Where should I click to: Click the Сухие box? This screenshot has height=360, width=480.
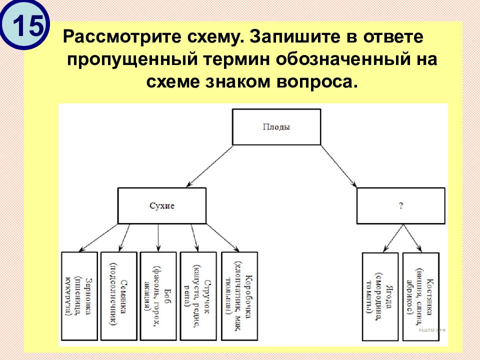pos(162,205)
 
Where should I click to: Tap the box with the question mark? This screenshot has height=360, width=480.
pos(400,205)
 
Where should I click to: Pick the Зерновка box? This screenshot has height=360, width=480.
pos(79,295)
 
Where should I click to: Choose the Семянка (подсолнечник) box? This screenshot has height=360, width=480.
pos(118,295)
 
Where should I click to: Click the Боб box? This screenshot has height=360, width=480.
pos(158,295)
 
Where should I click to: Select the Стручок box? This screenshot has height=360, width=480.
pos(198,295)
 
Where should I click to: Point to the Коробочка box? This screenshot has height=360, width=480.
pos(237,295)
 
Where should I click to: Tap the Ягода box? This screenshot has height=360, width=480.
pos(380,296)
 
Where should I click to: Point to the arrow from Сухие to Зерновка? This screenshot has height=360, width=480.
pos(99,237)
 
